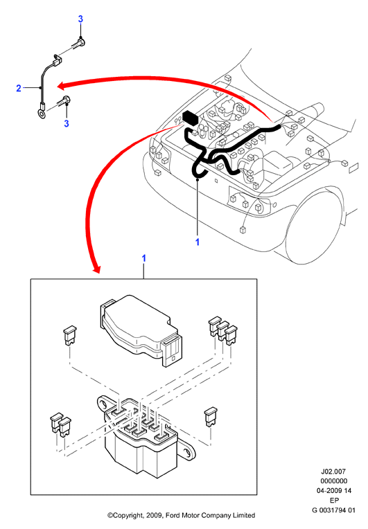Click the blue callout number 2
coord(19,89)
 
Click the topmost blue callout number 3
coord(80,19)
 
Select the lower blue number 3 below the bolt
coord(67,123)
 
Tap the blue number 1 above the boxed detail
coord(144,258)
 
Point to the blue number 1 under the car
coord(198,242)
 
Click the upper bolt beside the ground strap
coord(79,43)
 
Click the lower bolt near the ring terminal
coord(65,101)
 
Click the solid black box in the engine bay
coord(191,118)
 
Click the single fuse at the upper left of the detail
coord(70,335)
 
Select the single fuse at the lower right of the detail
coord(211,418)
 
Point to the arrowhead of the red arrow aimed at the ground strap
coord(62,86)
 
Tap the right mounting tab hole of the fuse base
coord(186,452)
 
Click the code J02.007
coord(333,472)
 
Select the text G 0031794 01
coord(333,510)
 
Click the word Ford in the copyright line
coord(173,515)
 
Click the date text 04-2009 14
coord(333,491)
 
